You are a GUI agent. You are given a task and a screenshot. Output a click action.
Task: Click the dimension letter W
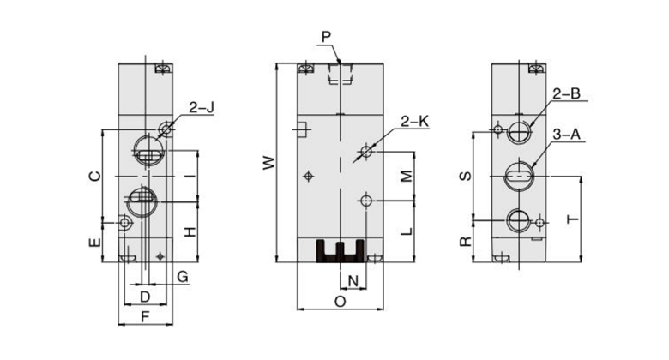click(x=268, y=162)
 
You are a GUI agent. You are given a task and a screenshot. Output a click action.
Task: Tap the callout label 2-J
click(x=202, y=108)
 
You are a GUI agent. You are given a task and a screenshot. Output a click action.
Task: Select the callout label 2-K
click(x=415, y=122)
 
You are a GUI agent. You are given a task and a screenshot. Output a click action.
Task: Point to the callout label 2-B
click(x=568, y=94)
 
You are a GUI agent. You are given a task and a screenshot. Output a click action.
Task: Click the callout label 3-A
click(x=568, y=135)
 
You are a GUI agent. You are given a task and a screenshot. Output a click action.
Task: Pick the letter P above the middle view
click(x=327, y=36)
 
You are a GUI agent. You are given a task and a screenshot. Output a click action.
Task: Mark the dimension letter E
click(x=96, y=243)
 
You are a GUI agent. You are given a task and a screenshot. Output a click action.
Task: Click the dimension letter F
click(x=145, y=317)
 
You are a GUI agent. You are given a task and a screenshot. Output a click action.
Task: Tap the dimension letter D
click(x=145, y=296)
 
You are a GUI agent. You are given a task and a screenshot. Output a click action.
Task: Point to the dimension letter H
click(x=192, y=231)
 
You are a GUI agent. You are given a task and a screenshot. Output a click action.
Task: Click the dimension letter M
click(x=407, y=176)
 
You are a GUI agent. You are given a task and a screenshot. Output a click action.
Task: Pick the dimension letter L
click(x=407, y=231)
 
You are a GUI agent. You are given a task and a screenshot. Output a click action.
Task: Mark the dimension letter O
click(x=340, y=302)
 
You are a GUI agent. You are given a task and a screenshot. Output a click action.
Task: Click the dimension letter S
click(x=464, y=176)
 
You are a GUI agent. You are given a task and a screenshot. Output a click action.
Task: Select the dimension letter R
click(x=464, y=241)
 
